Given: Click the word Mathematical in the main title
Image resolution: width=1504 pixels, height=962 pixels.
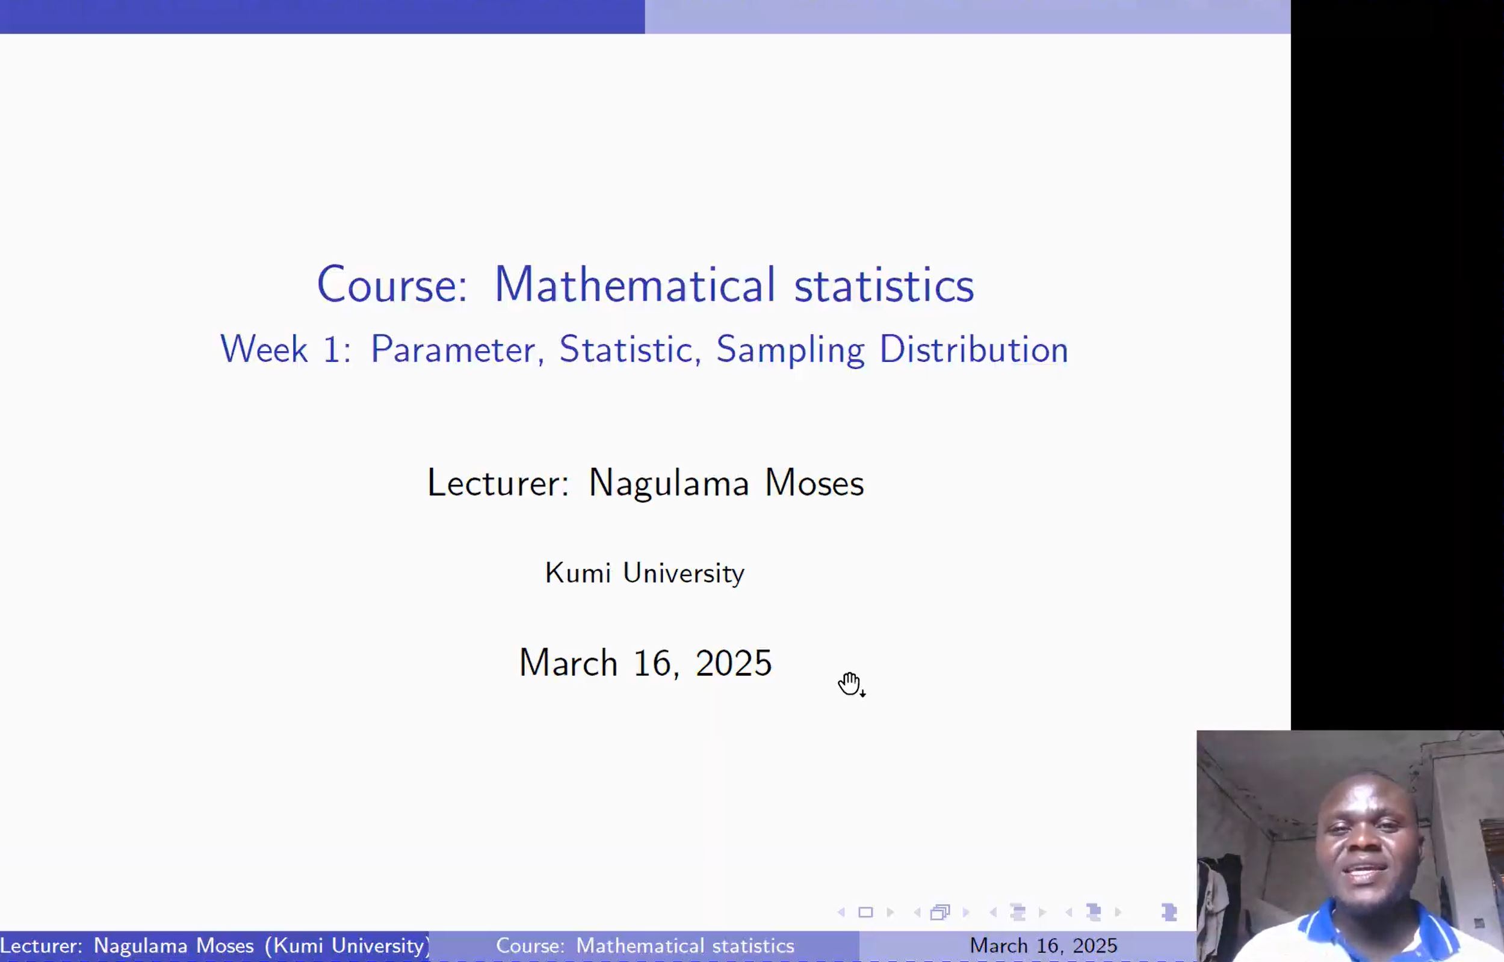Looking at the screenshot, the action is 635,284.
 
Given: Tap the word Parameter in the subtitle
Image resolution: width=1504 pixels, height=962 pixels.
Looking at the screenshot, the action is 453,350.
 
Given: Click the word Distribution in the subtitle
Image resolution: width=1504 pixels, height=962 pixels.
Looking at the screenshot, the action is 974,349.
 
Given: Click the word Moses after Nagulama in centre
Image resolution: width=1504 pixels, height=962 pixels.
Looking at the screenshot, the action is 814,483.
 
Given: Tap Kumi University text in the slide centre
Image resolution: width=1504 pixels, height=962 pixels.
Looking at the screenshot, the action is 645,573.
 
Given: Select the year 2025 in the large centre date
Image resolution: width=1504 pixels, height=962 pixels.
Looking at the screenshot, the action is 734,663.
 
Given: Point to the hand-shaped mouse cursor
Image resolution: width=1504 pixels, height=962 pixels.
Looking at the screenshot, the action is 850,684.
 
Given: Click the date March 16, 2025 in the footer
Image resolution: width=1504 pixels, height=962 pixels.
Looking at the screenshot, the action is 1044,946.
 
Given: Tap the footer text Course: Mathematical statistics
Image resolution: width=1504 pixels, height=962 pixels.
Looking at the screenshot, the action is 645,946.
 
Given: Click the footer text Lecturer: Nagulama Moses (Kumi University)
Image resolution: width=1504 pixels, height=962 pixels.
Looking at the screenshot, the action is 215,946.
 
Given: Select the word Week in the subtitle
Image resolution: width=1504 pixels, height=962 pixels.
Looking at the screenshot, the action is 264,349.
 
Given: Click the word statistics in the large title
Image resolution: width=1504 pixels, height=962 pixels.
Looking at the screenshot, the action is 884,285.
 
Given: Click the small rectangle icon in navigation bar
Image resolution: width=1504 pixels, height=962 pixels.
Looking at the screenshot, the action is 865,913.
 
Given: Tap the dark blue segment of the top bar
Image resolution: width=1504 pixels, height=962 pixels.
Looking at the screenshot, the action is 323,16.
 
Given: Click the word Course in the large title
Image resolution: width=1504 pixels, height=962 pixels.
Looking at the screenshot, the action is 392,284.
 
